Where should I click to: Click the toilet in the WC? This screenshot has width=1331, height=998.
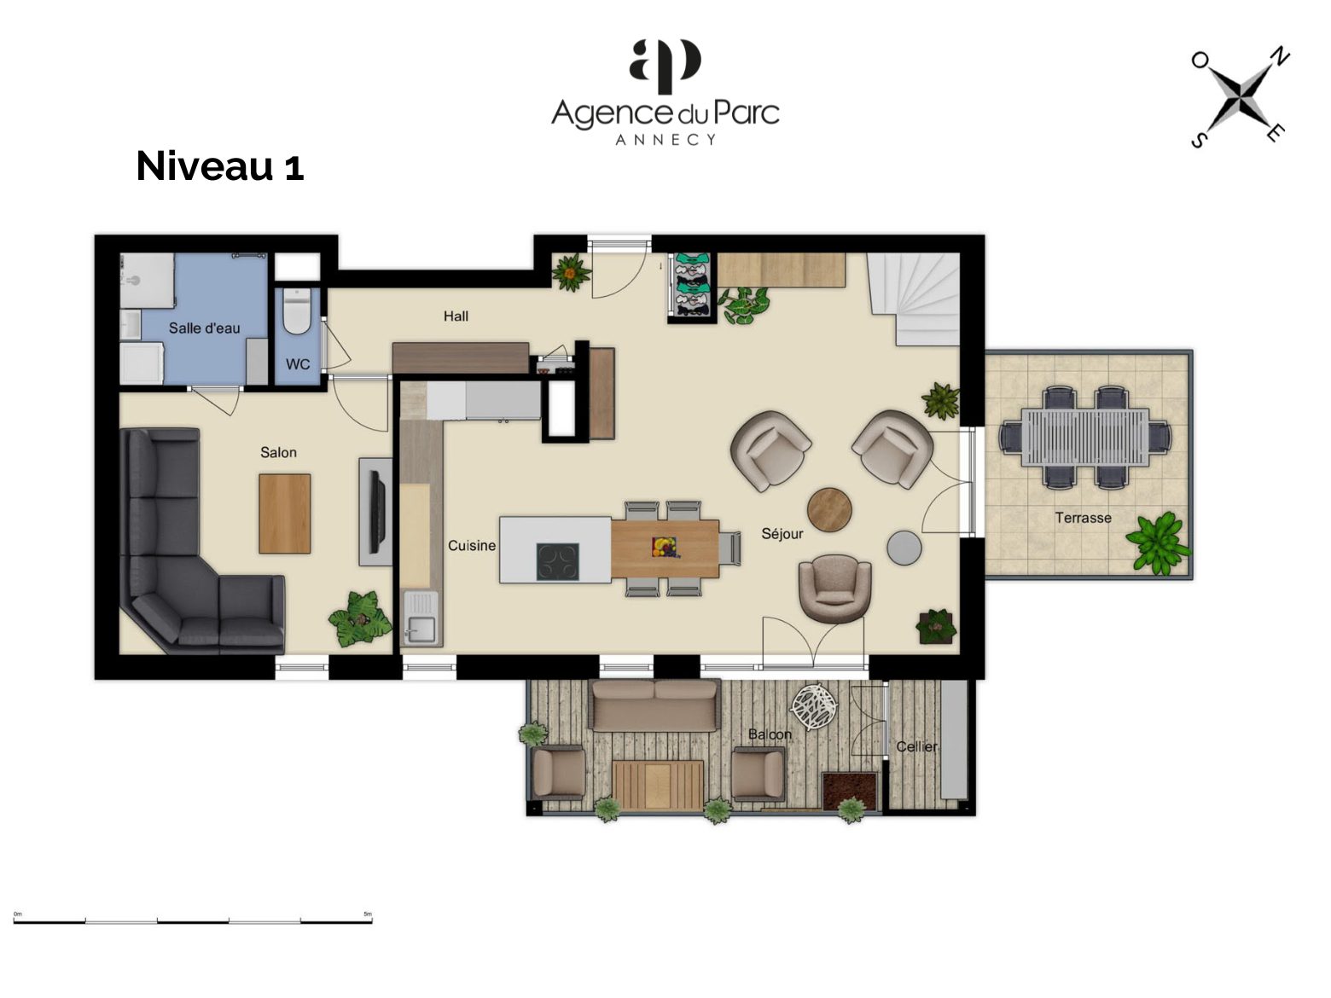297,310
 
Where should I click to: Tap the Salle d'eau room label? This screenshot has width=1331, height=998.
205,328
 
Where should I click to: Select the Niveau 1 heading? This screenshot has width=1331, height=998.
219,166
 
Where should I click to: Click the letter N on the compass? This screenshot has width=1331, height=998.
1280,56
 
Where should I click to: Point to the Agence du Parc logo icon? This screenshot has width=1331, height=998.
665,66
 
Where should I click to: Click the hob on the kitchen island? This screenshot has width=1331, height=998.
557,562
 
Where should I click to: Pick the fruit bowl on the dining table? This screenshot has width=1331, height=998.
665,547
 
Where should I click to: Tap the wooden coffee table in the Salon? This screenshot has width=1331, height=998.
284,514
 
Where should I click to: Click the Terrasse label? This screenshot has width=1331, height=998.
1083,518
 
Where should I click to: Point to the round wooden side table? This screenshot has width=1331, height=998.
829,509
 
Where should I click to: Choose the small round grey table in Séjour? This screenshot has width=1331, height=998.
904,548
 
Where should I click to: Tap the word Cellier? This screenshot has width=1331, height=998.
916,746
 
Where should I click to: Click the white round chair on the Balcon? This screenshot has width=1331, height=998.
814,707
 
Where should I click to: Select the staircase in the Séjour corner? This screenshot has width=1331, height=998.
914,299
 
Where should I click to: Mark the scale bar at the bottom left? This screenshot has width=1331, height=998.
193,921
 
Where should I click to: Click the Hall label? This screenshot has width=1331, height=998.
456,316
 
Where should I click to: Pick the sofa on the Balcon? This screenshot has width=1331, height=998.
655,705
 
